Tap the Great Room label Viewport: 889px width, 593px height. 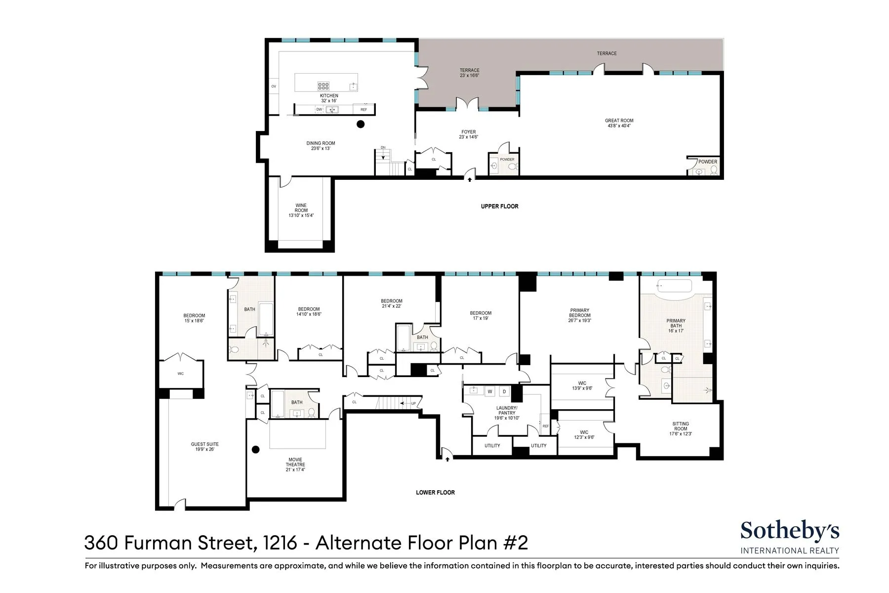pyautogui.click(x=619, y=123)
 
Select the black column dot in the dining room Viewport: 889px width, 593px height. pyautogui.click(x=361, y=124)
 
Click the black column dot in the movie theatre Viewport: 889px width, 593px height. pyautogui.click(x=255, y=450)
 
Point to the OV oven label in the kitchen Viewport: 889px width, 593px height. pyautogui.click(x=274, y=86)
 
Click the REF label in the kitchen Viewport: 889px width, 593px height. pyautogui.click(x=364, y=110)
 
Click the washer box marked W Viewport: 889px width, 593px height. pyautogui.click(x=490, y=391)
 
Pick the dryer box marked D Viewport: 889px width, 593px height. pyautogui.click(x=504, y=391)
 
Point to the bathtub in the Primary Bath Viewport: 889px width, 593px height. pyautogui.click(x=674, y=286)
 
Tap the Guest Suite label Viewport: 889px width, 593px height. pyautogui.click(x=204, y=447)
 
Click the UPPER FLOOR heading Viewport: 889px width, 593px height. pyautogui.click(x=499, y=206)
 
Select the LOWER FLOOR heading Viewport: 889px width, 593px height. pyautogui.click(x=435, y=492)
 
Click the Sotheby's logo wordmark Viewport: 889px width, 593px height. pyautogui.click(x=789, y=531)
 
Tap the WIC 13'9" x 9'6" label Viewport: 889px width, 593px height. pyautogui.click(x=582, y=385)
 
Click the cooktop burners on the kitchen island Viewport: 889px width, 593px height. pyautogui.click(x=323, y=86)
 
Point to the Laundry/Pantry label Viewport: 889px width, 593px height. pyautogui.click(x=507, y=413)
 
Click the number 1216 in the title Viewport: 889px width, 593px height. pyautogui.click(x=280, y=543)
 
